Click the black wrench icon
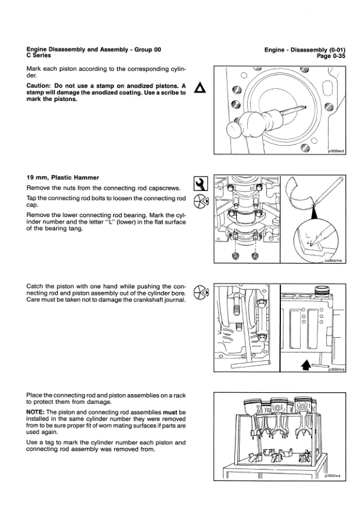[200, 182]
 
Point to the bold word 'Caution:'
[40, 86]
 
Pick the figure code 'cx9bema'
[333, 259]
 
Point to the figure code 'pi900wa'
[333, 475]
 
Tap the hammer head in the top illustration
[233, 128]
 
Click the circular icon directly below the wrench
[201, 200]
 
